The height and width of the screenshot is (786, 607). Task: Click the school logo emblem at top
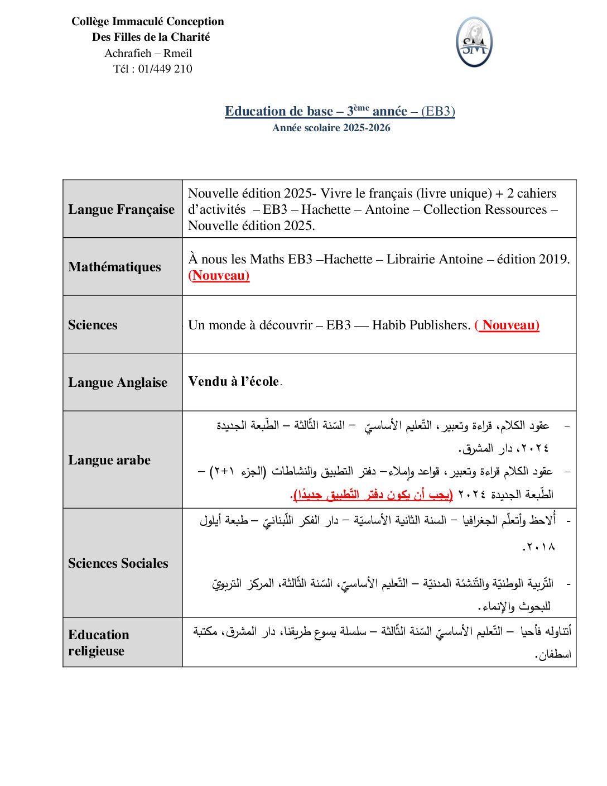coord(474,42)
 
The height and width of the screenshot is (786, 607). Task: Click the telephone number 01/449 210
coord(165,69)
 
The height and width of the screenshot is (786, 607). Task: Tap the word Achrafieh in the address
coord(128,54)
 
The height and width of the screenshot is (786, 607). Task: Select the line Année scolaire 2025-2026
coord(331,128)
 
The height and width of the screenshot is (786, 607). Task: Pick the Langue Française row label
coord(121,209)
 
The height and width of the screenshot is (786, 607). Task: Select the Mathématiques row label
coord(114,267)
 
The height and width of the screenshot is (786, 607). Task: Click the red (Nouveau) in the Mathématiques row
coord(219,275)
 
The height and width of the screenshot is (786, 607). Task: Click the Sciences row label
coord(93,325)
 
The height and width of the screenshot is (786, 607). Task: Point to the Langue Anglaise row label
coord(118,382)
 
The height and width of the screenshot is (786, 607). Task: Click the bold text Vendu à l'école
coord(234,381)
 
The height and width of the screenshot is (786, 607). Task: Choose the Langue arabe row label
coord(109,460)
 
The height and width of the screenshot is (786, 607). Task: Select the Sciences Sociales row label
coord(118,563)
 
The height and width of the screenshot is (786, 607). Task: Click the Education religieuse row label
coord(99,643)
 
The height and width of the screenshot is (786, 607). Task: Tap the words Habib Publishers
coord(421,325)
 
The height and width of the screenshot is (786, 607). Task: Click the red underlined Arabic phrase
coord(373,495)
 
